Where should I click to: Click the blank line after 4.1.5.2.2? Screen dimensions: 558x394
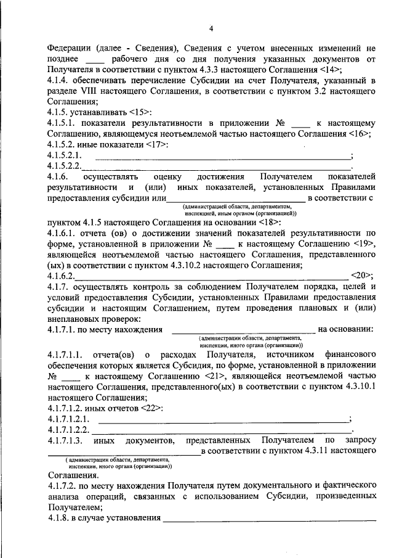[x=215, y=166]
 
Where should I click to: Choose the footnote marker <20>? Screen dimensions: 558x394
[x=361, y=276]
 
